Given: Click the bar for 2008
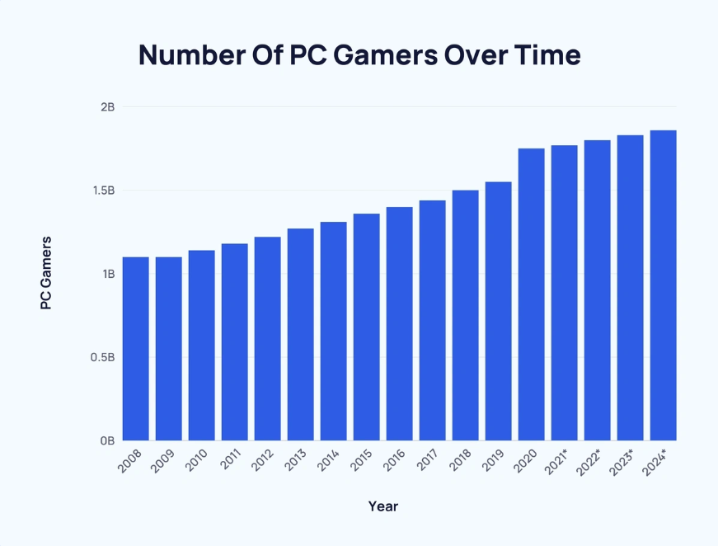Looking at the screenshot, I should (135, 348).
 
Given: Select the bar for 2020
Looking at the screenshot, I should (531, 294).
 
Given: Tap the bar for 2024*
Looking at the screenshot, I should (663, 285).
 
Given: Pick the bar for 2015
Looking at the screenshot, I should (366, 327).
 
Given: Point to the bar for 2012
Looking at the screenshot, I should (267, 338).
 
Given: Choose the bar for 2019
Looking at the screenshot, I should (498, 311).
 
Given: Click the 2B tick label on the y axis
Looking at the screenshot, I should (108, 107).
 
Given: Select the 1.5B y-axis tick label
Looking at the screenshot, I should (104, 191).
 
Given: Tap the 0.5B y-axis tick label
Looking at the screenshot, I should (104, 358).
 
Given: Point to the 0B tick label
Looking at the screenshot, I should (108, 441).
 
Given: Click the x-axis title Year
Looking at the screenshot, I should (382, 506).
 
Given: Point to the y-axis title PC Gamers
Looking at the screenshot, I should (46, 273).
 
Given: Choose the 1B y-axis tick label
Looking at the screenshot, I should (108, 274).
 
